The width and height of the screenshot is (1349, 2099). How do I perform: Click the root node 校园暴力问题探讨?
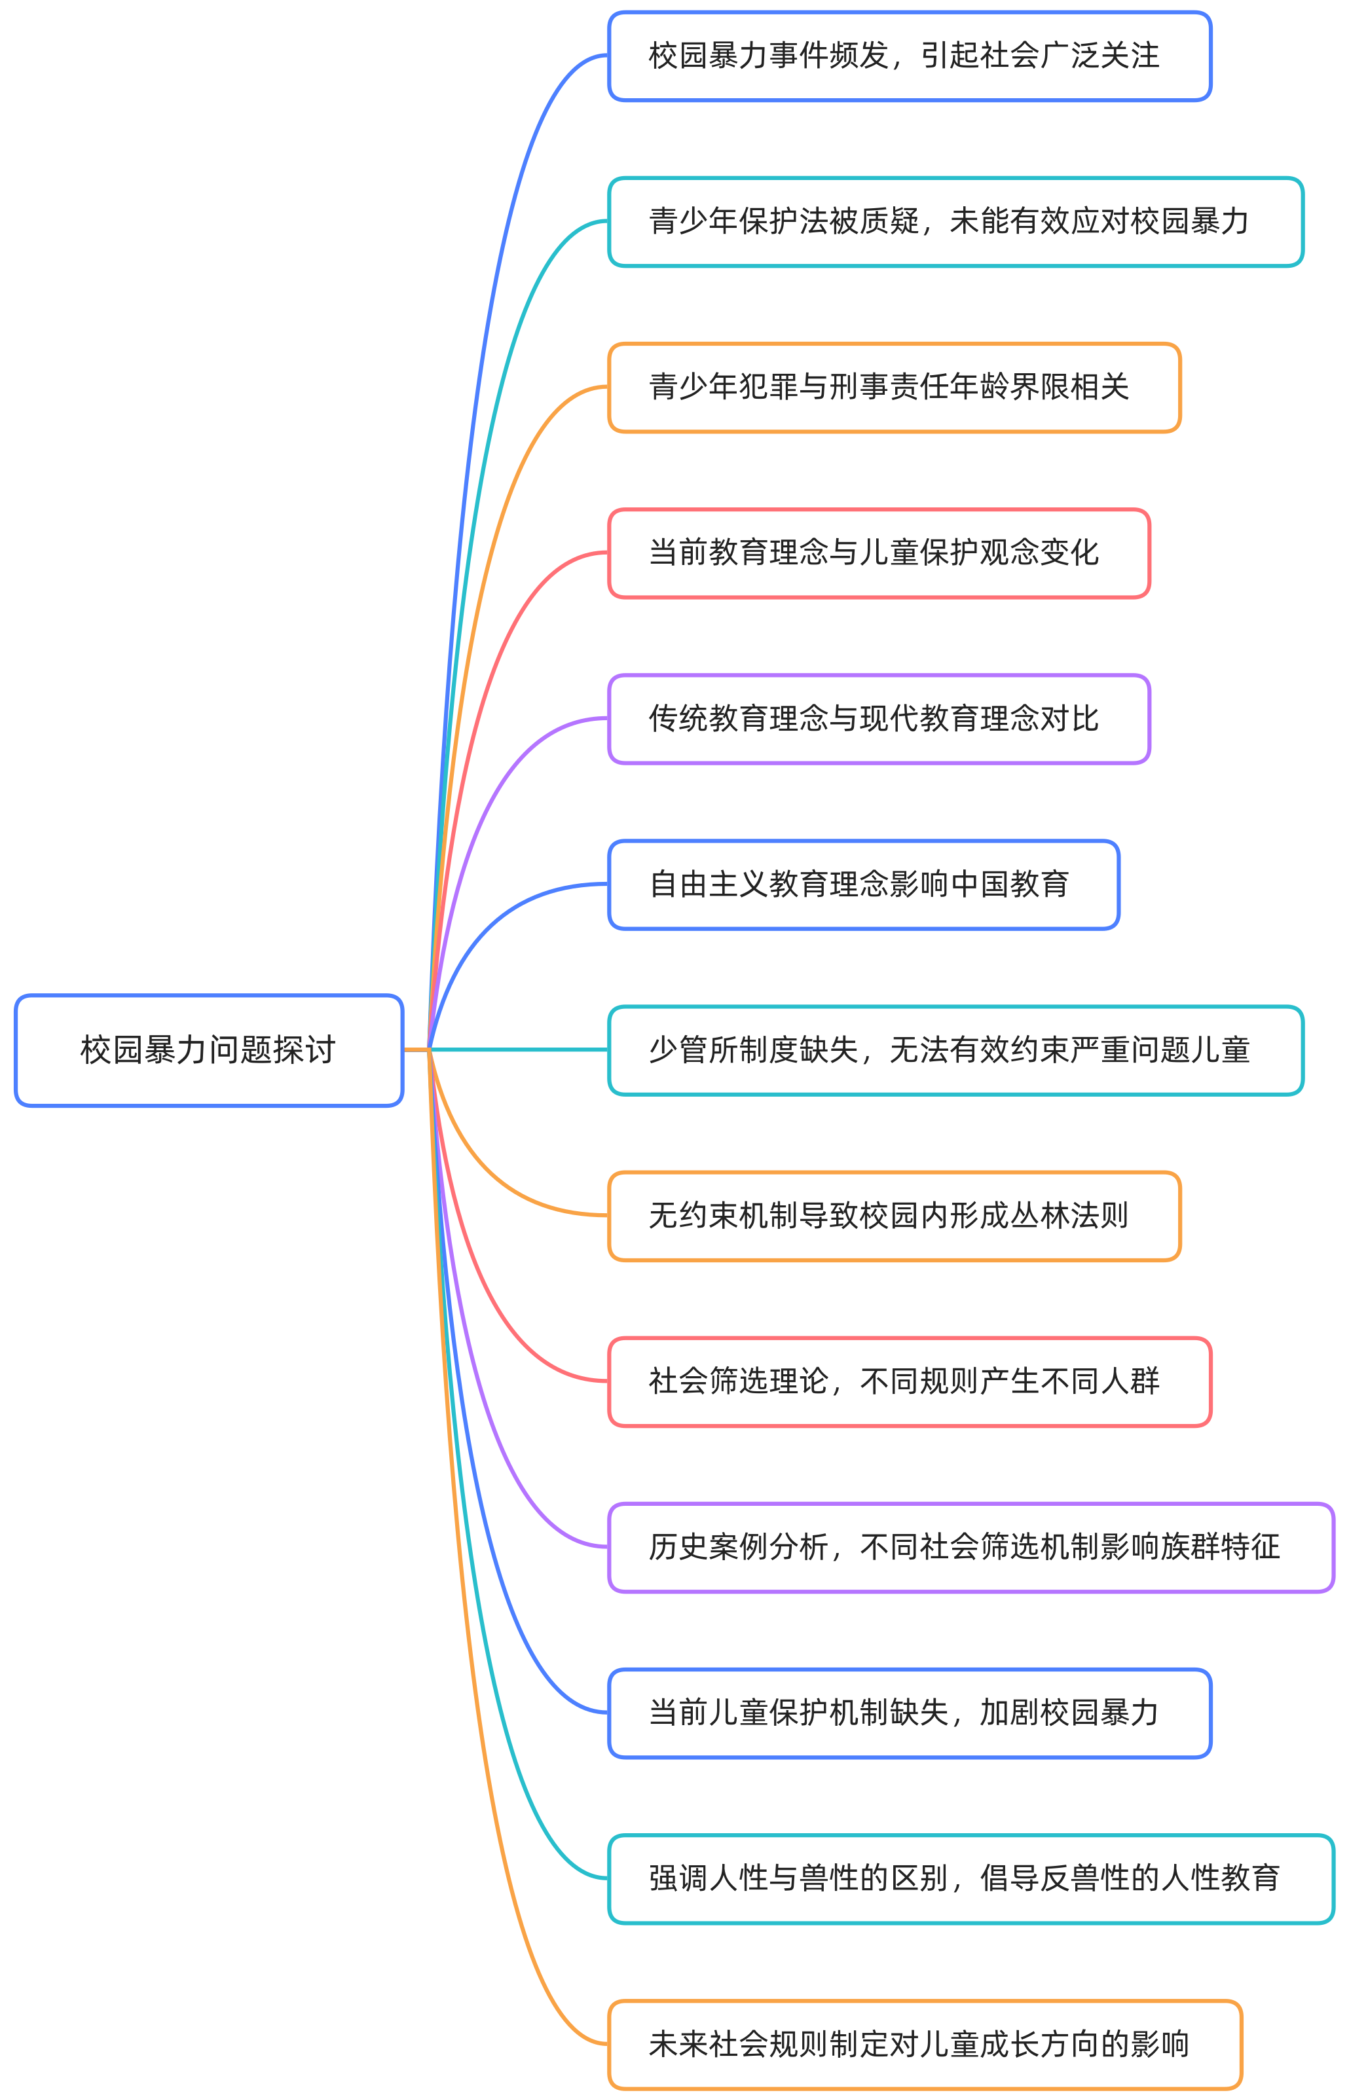[208, 1050]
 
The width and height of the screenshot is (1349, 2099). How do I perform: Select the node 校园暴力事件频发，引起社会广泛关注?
[909, 56]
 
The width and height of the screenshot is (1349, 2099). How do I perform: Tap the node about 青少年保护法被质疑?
[955, 221]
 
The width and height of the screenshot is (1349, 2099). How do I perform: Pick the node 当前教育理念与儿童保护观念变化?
[879, 553]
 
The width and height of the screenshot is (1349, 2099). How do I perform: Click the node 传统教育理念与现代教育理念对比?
[879, 719]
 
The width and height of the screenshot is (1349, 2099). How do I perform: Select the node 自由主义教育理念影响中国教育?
[864, 885]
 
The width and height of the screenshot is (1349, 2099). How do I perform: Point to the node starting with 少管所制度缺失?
[955, 1050]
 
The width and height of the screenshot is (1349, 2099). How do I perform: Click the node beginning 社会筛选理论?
[909, 1381]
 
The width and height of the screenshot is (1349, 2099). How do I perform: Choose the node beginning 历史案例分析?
[970, 1547]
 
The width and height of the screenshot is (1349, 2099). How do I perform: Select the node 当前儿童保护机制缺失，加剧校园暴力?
[909, 1713]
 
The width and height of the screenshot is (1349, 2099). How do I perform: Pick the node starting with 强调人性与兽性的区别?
[970, 1878]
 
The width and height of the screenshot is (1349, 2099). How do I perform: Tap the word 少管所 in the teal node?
[693, 1050]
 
